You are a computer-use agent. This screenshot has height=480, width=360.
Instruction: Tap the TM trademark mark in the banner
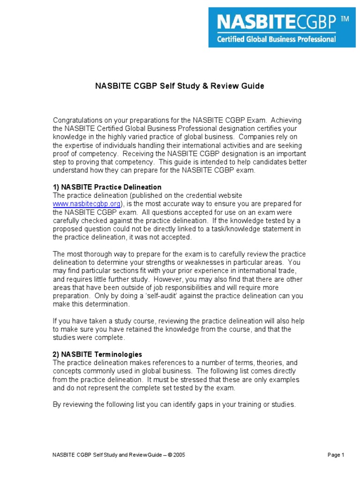[344, 18]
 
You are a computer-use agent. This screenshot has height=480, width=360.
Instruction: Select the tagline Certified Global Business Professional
[276, 39]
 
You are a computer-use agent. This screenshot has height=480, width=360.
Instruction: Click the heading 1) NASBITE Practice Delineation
[107, 187]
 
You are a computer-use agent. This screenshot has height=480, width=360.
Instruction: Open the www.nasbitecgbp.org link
[86, 204]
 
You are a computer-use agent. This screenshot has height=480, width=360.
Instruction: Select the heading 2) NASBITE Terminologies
[97, 354]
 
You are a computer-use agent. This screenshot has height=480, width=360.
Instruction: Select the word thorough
[94, 254]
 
